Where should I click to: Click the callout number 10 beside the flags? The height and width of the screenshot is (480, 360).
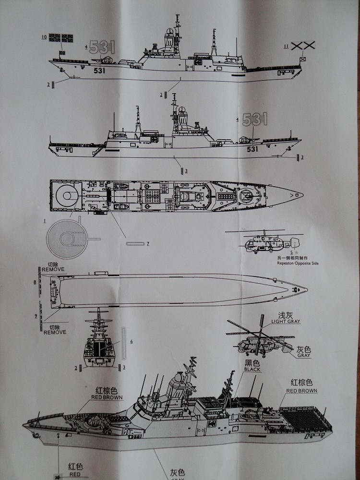pos(44,36)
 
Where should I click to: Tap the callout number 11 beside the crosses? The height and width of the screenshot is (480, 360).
pos(286,46)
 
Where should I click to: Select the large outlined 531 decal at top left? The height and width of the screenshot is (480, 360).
pos(102,47)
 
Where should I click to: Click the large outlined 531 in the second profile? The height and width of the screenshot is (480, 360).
pos(254,120)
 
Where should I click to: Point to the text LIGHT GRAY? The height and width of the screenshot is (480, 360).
pos(286,321)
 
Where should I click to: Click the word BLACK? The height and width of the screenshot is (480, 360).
pos(252,369)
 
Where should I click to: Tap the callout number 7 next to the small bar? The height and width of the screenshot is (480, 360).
pos(147,244)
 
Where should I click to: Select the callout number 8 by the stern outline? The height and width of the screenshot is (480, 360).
pos(35,282)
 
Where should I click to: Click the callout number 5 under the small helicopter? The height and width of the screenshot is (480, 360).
pos(291,252)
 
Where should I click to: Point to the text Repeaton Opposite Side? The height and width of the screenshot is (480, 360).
pos(298,263)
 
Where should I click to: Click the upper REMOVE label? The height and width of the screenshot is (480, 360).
pos(53,270)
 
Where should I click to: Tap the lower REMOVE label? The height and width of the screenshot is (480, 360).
pos(54,332)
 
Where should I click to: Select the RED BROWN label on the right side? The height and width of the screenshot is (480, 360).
pos(301,391)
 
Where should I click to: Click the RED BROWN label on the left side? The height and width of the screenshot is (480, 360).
pos(107,397)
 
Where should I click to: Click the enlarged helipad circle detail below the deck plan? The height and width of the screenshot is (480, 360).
pos(70,237)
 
